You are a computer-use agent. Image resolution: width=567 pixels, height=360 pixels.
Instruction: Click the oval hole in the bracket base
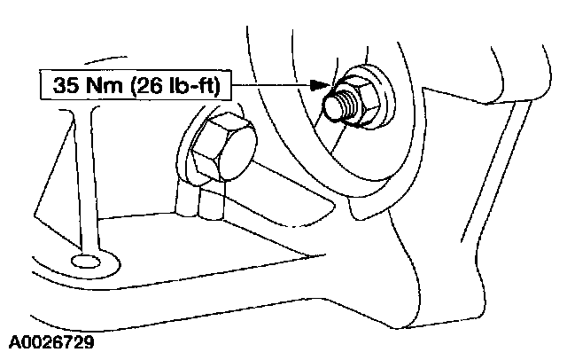coord(86,261)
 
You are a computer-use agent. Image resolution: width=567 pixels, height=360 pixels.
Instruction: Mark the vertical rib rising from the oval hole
coord(86,177)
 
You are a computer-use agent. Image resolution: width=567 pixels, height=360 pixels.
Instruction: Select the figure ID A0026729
coord(53,340)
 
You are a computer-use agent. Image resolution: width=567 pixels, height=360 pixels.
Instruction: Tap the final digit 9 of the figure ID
coord(89,340)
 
